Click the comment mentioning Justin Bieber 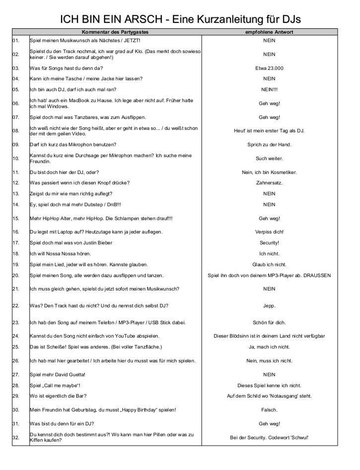point(71,242)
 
